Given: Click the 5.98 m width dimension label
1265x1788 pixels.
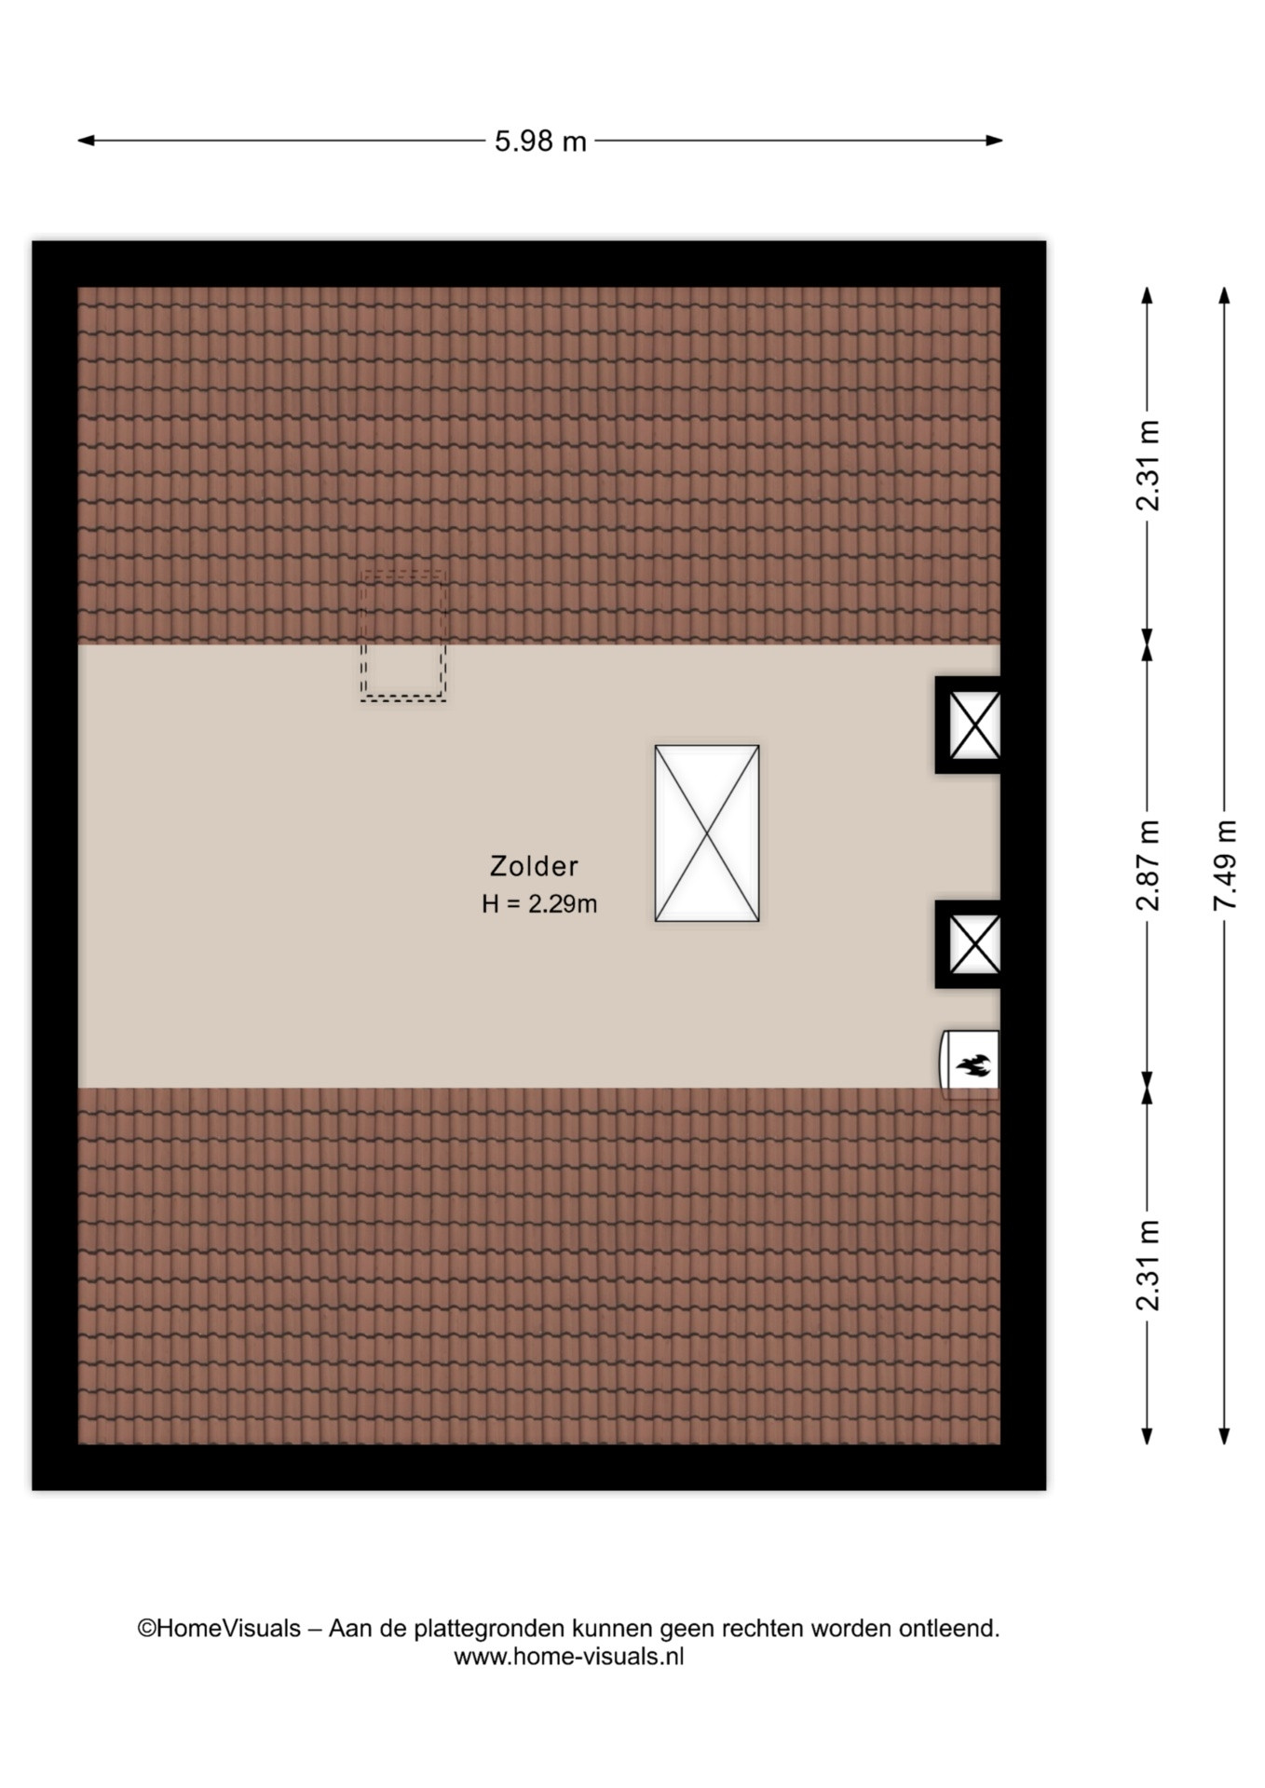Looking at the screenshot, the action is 540,142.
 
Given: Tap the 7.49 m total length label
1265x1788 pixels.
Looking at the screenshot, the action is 1225,866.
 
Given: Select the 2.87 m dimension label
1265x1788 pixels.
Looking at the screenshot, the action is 1148,866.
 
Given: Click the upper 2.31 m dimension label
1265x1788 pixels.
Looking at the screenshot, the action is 1148,466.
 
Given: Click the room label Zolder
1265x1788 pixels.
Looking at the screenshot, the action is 534,866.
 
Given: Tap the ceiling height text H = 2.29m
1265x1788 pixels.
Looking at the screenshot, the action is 539,903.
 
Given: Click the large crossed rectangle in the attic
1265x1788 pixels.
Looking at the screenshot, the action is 707,833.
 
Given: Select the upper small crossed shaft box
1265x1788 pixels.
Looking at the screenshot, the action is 974,725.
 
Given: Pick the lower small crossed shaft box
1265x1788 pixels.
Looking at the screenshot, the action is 974,944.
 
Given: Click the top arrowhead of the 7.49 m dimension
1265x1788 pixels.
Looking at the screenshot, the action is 1225,295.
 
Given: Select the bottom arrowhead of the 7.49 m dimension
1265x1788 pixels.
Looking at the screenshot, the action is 1225,1435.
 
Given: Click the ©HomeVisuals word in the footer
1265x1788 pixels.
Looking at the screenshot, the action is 219,1629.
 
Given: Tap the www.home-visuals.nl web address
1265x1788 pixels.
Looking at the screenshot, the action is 569,1657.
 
